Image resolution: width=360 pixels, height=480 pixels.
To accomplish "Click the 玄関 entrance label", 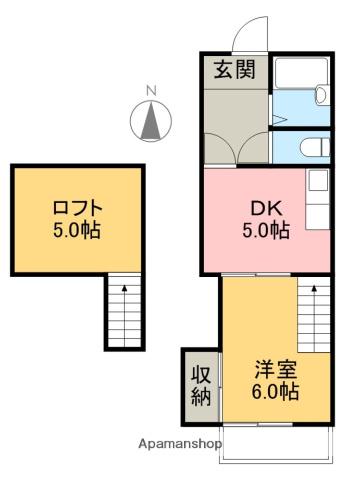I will pyautogui.click(x=232, y=70).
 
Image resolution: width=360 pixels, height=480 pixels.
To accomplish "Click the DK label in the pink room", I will pyautogui.click(x=265, y=208).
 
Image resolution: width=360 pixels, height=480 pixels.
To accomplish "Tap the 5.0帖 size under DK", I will pyautogui.click(x=265, y=231).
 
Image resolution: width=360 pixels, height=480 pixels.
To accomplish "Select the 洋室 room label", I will pyautogui.click(x=274, y=368).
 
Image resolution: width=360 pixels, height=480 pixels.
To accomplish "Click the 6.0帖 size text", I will pyautogui.click(x=274, y=392).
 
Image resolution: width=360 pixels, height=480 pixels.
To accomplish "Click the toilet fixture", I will pyautogui.click(x=313, y=146).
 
